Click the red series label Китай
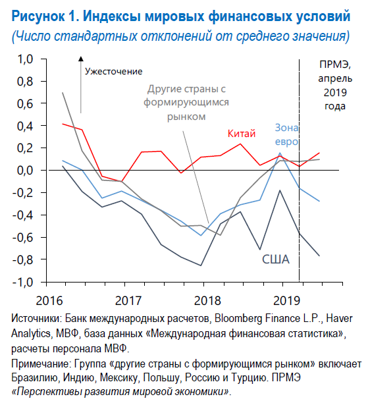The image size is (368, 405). click(x=241, y=134)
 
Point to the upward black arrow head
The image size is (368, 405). click(x=80, y=61)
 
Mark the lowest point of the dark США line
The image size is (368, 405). click(x=202, y=265)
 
